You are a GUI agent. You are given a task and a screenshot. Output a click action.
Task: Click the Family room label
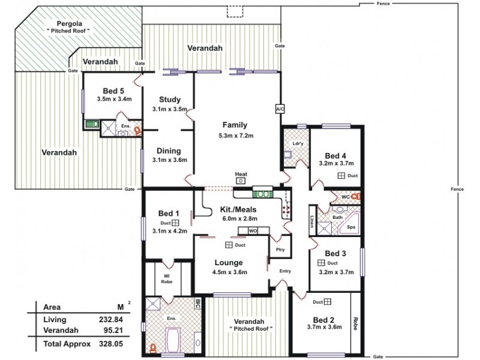click(235, 125)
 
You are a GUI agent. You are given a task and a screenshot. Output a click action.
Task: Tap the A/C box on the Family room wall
click(280, 109)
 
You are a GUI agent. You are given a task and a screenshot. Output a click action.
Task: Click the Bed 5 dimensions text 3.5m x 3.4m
click(114, 99)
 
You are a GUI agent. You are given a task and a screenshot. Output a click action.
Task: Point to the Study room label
click(170, 100)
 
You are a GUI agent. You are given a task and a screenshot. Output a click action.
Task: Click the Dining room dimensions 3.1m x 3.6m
click(170, 160)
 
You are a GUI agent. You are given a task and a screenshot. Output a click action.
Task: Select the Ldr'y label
click(297, 144)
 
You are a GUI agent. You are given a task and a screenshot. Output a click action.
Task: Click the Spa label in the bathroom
click(351, 227)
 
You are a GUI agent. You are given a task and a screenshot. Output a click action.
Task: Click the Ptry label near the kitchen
click(279, 250)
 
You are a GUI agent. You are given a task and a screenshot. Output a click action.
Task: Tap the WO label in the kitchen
click(253, 230)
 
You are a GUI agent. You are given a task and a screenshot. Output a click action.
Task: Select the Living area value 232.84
click(101, 320)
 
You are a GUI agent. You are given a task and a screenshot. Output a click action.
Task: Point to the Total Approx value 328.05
click(101, 344)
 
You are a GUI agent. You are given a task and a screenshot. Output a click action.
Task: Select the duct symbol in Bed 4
click(341, 176)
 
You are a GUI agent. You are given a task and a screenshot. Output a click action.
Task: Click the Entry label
click(284, 271)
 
